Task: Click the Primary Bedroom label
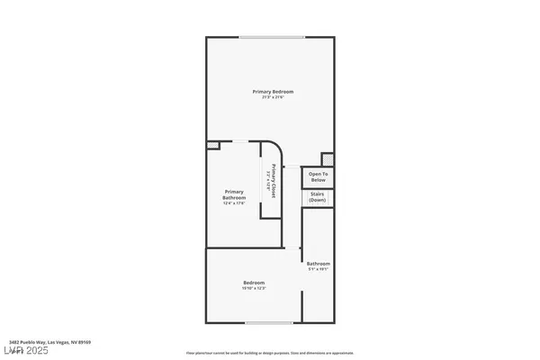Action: pyautogui.click(x=272, y=92)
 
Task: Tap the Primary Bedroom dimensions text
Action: pyautogui.click(x=272, y=97)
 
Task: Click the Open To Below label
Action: pyautogui.click(x=317, y=176)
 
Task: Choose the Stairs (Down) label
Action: pyautogui.click(x=317, y=197)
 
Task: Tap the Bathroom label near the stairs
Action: pyautogui.click(x=318, y=264)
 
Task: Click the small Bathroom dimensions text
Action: pyautogui.click(x=318, y=269)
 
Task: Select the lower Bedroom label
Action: pyautogui.click(x=254, y=283)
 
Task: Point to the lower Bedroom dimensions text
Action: pyautogui.click(x=254, y=288)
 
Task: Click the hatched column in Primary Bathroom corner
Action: pyautogui.click(x=212, y=145)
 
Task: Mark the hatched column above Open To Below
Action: pyautogui.click(x=328, y=157)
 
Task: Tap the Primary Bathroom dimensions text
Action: pyautogui.click(x=234, y=202)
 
